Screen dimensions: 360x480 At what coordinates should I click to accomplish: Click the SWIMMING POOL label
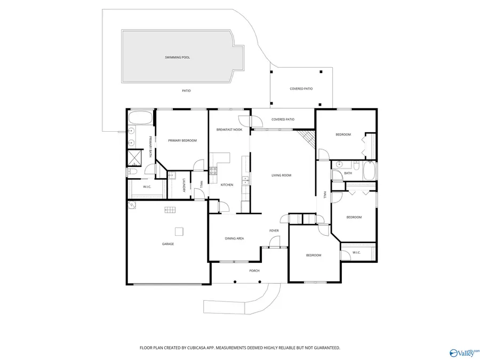click(x=177, y=57)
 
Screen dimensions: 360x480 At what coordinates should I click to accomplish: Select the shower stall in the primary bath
click(x=132, y=158)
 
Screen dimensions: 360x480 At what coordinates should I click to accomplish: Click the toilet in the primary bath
click(x=131, y=172)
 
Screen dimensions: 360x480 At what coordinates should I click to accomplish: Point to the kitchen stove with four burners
click(x=213, y=171)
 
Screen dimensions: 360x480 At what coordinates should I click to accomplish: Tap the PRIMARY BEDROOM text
click(x=182, y=140)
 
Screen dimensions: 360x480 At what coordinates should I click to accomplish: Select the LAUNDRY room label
click(x=184, y=185)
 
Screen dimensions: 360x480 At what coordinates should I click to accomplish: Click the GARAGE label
click(x=168, y=244)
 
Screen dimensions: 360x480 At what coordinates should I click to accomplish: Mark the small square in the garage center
click(x=179, y=231)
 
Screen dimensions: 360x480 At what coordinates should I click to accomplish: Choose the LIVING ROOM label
click(x=281, y=175)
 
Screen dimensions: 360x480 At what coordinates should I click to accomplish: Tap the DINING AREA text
click(x=234, y=238)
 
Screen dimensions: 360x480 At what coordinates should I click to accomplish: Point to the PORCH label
click(x=254, y=270)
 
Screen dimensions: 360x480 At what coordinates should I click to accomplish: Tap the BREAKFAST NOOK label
click(x=229, y=130)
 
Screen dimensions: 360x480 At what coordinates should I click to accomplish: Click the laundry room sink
click(x=171, y=175)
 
